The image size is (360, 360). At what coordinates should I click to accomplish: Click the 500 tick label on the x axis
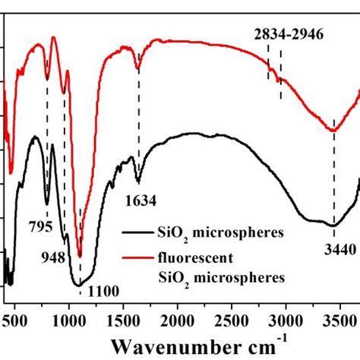pos(14,313)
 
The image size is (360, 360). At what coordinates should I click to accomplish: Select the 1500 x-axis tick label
pos(123,313)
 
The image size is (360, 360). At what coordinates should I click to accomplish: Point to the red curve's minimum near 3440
pos(333,131)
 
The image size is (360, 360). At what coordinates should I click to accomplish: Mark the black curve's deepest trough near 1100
pos(78,285)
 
